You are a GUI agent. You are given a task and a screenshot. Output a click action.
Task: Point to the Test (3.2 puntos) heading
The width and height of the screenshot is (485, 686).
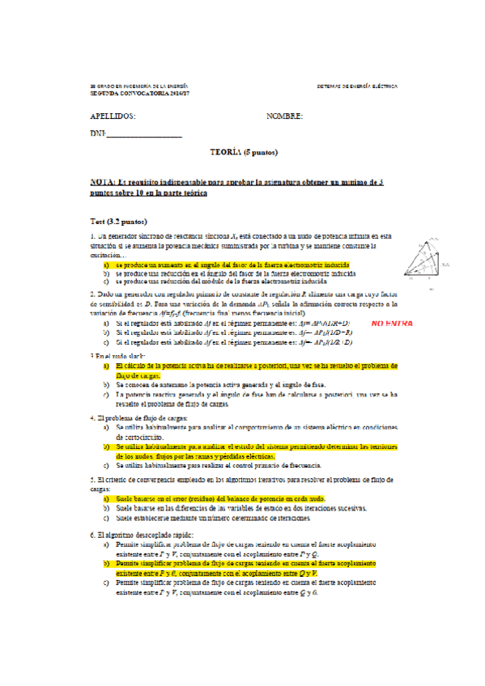118,220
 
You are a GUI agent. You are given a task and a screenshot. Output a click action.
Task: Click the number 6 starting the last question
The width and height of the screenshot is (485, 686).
92,535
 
